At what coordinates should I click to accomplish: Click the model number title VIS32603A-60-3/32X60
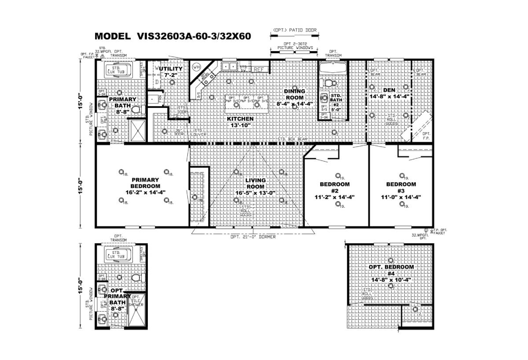(x=172, y=36)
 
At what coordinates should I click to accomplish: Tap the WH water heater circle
(x=196, y=67)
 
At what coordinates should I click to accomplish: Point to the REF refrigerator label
(x=259, y=70)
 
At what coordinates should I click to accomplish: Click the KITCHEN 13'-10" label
(x=240, y=122)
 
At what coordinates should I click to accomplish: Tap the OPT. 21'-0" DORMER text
(x=253, y=237)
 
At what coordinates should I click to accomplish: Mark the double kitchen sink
(x=229, y=66)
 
